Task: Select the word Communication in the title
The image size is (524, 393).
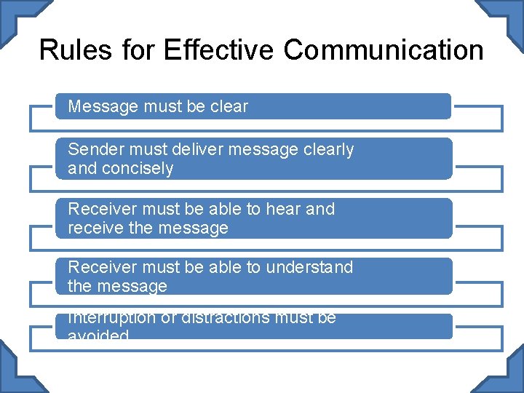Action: click(x=384, y=50)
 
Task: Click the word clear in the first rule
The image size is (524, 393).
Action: click(x=229, y=106)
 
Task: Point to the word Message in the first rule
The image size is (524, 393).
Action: click(x=103, y=106)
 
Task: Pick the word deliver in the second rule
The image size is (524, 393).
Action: click(x=195, y=149)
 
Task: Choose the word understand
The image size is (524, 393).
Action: click(x=309, y=267)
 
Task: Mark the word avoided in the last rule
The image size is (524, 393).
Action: click(x=98, y=336)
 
